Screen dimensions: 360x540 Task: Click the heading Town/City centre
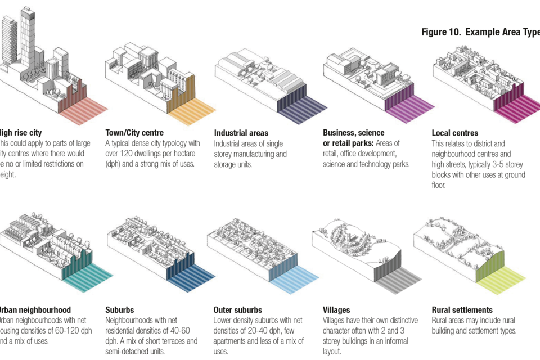tap(134, 133)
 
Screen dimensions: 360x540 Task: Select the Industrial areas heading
tap(241, 133)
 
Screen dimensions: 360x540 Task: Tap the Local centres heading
tap(454, 133)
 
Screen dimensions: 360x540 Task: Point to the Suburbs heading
tap(119, 310)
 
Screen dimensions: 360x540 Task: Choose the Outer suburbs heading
tap(237, 310)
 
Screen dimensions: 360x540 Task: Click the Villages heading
tap(336, 310)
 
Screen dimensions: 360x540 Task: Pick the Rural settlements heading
tap(462, 310)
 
